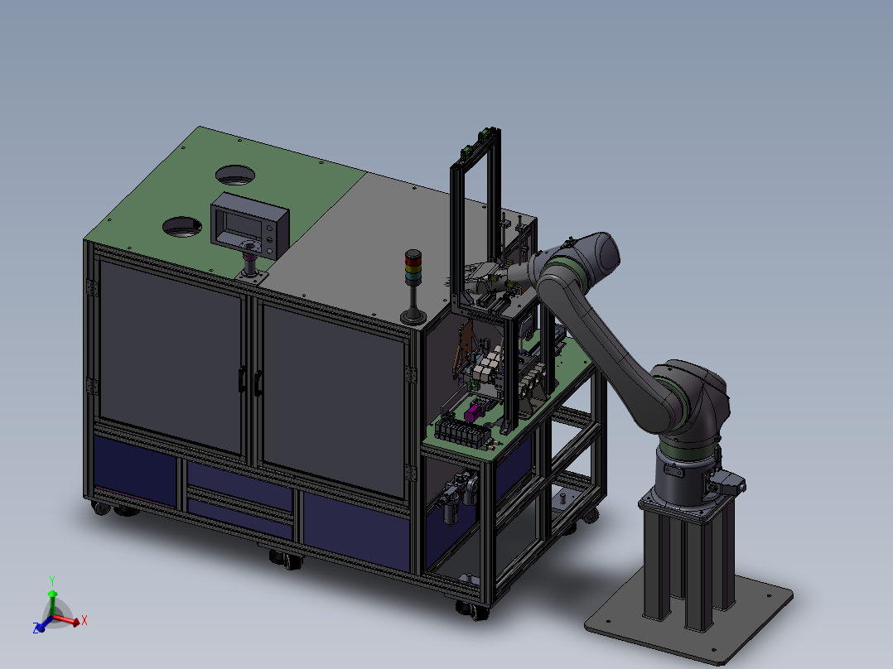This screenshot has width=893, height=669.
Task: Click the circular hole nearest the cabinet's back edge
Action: coord(235,175)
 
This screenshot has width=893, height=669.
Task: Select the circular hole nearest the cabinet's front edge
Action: coord(182,227)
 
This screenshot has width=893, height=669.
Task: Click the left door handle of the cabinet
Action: coord(242,379)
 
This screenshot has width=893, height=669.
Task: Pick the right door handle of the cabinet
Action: coord(258,383)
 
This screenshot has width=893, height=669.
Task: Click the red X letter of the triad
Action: coord(84,620)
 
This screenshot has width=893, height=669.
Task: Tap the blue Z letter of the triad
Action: coord(36,628)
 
